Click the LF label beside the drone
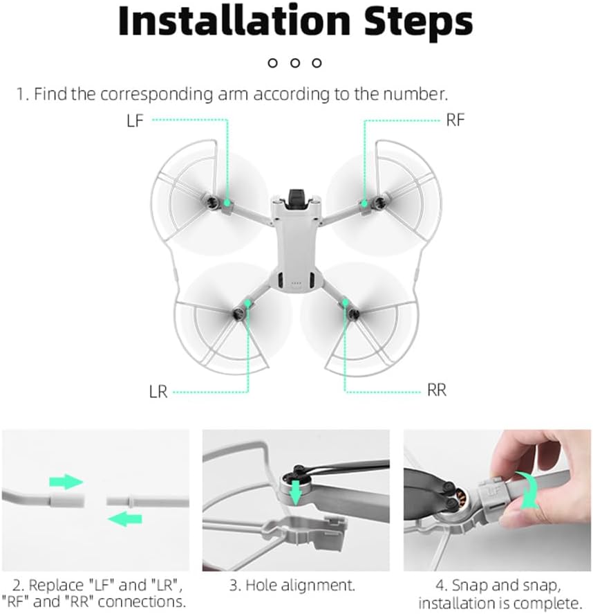pyautogui.click(x=135, y=120)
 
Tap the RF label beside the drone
pyautogui.click(x=455, y=120)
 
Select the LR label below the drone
pyautogui.click(x=158, y=391)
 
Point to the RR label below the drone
pyautogui.click(x=437, y=390)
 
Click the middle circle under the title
pyautogui.click(x=295, y=63)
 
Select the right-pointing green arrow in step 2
pyautogui.click(x=66, y=482)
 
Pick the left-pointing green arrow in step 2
pyautogui.click(x=124, y=519)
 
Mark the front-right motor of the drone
pyautogui.click(x=378, y=202)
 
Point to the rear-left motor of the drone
pyautogui.click(x=238, y=314)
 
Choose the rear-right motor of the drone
pyautogui.click(x=353, y=313)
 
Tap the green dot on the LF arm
pyautogui.click(x=227, y=202)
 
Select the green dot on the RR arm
pyautogui.click(x=345, y=302)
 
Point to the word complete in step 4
pyautogui.click(x=549, y=603)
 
